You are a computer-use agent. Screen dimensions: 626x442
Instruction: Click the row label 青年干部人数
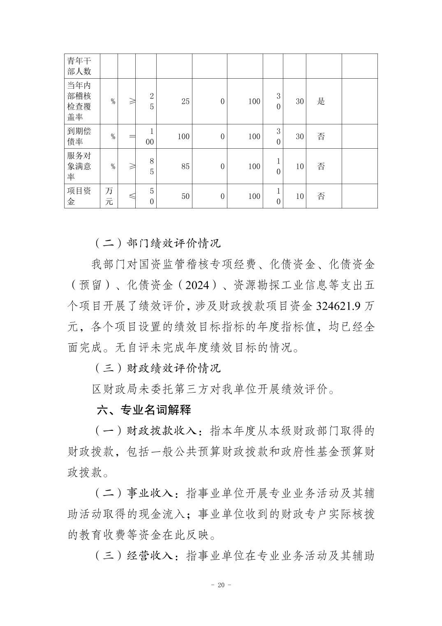coord(79,66)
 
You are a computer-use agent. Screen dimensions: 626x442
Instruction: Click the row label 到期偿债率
coord(79,136)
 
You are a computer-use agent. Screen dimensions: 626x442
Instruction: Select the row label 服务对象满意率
coord(79,166)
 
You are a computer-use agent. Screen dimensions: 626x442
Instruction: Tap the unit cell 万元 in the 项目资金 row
coord(109,196)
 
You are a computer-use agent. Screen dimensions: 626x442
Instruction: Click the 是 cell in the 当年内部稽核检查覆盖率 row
coord(321,101)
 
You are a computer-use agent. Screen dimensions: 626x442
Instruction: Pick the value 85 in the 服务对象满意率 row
coord(185,166)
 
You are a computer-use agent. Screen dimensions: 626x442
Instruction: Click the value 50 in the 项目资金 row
coord(185,196)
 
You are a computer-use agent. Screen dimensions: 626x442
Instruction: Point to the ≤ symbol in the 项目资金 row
coord(132,196)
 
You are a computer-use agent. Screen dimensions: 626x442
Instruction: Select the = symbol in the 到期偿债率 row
coord(132,136)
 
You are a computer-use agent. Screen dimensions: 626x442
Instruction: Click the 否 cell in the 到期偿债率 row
coord(321,136)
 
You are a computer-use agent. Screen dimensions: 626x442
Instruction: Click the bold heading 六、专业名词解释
coord(144,410)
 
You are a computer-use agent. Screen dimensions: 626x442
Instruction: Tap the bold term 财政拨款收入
coord(162,431)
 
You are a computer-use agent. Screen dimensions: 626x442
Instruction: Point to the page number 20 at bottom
coord(221,585)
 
